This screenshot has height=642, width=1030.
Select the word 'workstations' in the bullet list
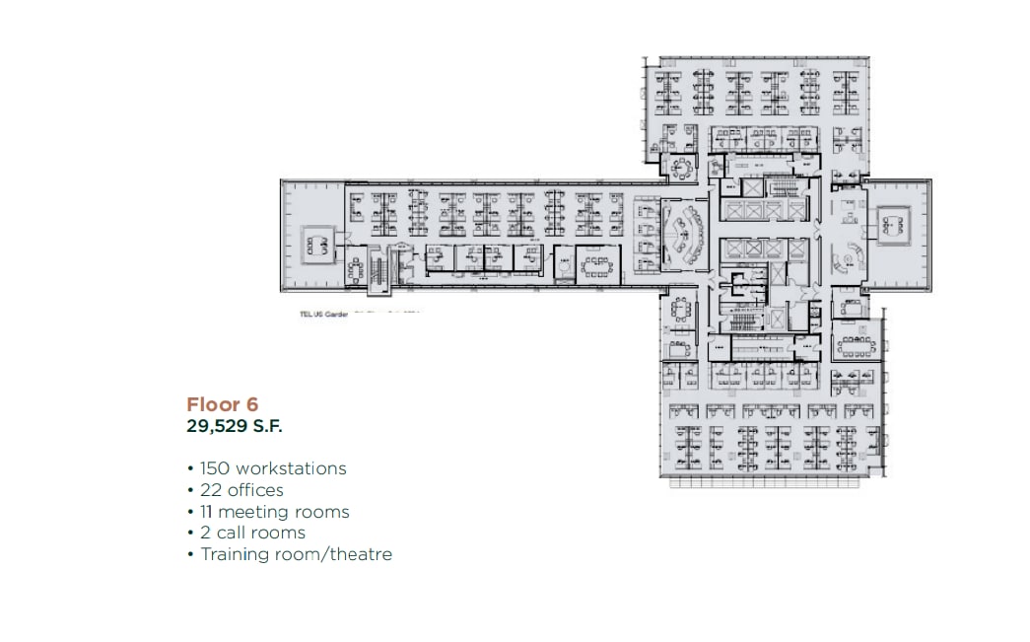click(x=290, y=468)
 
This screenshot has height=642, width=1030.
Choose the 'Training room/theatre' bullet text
click(x=296, y=554)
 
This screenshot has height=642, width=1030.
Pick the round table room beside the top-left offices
click(x=681, y=168)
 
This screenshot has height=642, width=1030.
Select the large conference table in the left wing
click(x=597, y=264)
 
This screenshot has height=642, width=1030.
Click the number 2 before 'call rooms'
click(x=205, y=533)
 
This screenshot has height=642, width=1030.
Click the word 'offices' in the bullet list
click(x=255, y=490)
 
